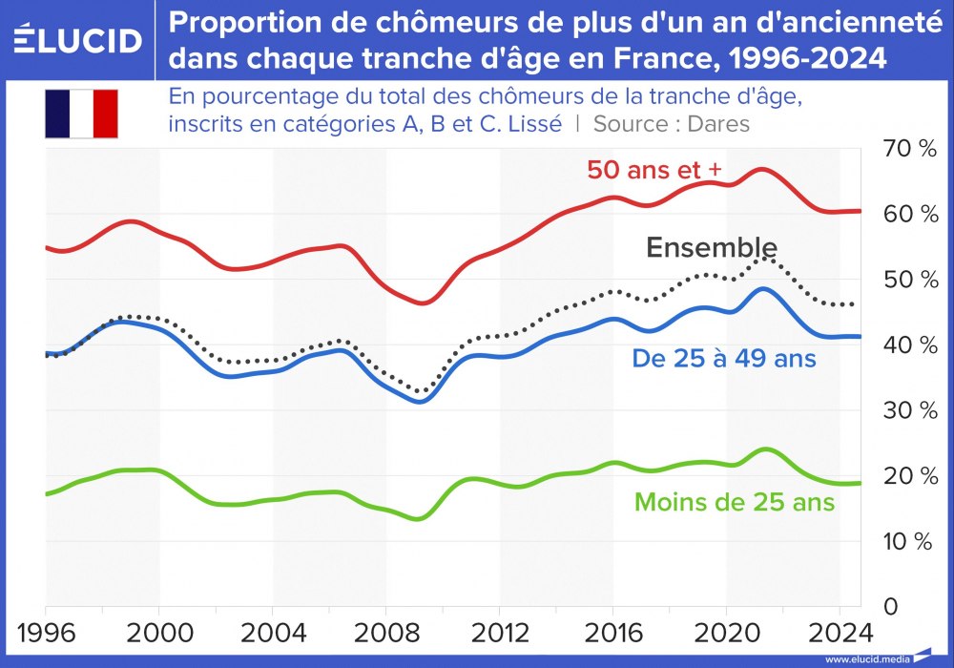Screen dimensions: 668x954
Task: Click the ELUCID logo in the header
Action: point(78,40)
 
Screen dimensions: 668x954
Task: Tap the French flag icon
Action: point(81,114)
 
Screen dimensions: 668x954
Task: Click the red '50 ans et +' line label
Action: point(654,170)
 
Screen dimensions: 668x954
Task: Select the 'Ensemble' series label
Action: point(711,248)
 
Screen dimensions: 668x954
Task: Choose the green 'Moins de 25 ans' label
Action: point(735,502)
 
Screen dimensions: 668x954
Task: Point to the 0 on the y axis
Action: point(888,607)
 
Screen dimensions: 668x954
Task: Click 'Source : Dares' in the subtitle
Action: point(672,124)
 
